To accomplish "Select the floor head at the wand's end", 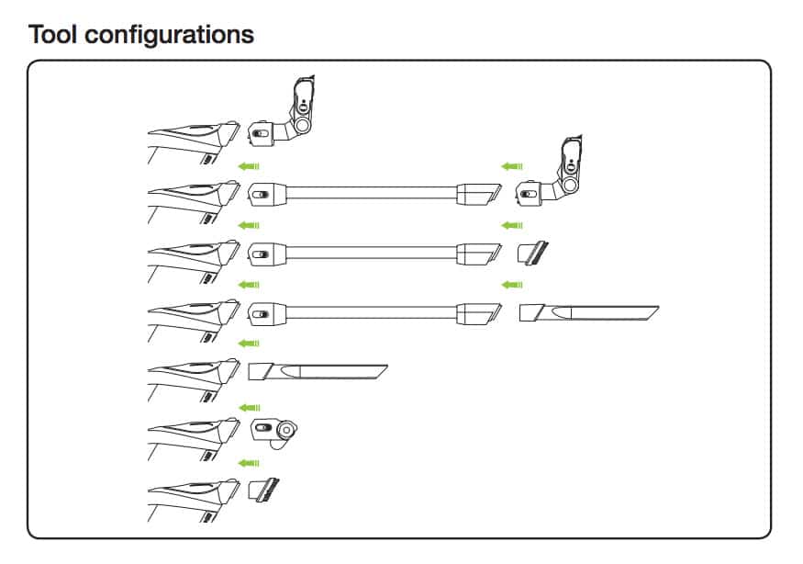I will coord(557,175).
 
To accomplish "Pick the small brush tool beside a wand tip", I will coord(534,252).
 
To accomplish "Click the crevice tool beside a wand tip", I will coord(588,312).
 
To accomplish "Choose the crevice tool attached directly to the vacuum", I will coord(318,372).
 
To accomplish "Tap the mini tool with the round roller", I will coord(274,431).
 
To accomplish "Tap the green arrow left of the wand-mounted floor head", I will coord(512,166).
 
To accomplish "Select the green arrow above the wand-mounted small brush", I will coord(512,225).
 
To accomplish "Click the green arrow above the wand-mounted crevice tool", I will coord(512,285).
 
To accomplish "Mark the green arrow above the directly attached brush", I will coord(249,462).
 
